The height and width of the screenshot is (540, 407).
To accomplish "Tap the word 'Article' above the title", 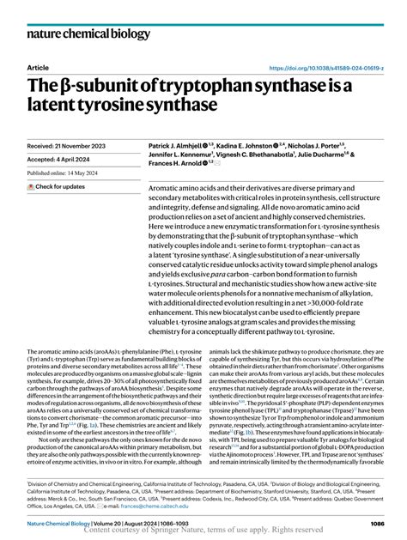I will (x=38, y=67).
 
